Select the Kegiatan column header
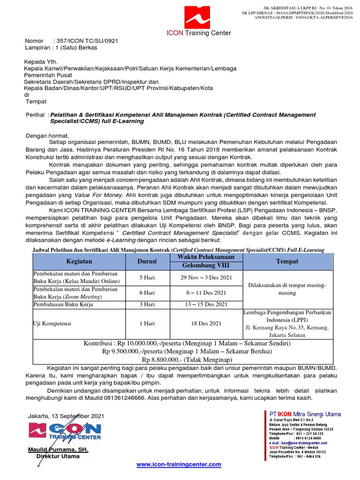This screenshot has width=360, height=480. click(x=79, y=261)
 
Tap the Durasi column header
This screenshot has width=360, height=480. click(x=147, y=261)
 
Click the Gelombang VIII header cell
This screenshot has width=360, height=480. click(x=207, y=265)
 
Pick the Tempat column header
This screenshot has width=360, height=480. click(x=287, y=261)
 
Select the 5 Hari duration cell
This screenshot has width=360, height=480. click(x=147, y=277)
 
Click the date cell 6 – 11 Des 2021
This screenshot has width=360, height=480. click(x=207, y=292)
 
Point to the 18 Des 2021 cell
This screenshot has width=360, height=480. click(x=207, y=323)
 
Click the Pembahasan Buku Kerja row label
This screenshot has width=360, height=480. click(x=63, y=304)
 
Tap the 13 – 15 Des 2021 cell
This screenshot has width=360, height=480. click(x=207, y=304)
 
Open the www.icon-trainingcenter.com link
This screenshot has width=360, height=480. click(x=179, y=464)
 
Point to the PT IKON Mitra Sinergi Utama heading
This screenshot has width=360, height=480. click(x=305, y=414)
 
